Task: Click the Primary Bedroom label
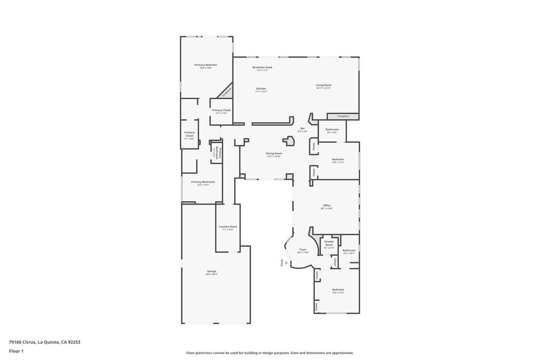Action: tap(206, 65)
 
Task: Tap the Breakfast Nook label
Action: tap(262, 67)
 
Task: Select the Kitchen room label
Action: tap(261, 89)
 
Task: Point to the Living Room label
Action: tap(323, 85)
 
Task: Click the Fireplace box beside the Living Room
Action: tap(343, 116)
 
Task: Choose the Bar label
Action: tap(303, 129)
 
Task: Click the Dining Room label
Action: tap(274, 153)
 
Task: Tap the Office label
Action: tap(326, 206)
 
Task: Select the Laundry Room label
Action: tap(228, 227)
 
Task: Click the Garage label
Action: tap(211, 271)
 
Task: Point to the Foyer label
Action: tap(303, 249)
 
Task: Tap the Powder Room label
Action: tap(329, 243)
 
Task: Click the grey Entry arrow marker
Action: tap(282, 263)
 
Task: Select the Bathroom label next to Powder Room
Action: tap(349, 250)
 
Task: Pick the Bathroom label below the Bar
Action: tap(332, 130)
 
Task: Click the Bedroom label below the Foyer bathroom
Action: tap(338, 289)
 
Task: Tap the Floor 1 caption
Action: tap(16, 351)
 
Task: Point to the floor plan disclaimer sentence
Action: tap(269, 353)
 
